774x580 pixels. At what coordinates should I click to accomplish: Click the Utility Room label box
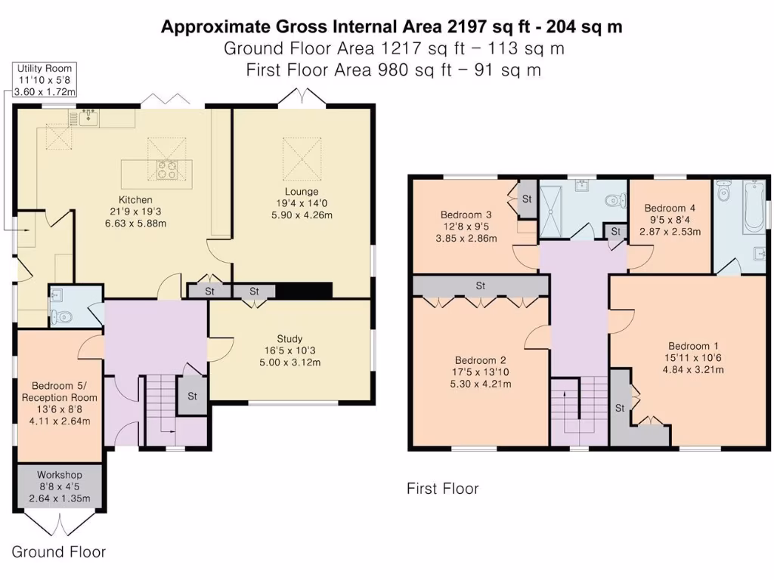tap(45, 79)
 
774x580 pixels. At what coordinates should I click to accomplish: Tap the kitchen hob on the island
tap(166, 169)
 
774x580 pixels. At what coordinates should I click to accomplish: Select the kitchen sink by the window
tap(88, 117)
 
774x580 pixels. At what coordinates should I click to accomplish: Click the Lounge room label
tap(302, 191)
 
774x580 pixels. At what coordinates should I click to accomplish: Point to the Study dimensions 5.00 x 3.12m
tap(289, 362)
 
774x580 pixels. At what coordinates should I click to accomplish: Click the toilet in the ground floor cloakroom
tap(61, 316)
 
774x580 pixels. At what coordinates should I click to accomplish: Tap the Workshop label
tap(60, 475)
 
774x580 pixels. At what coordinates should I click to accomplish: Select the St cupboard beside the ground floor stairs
tap(192, 396)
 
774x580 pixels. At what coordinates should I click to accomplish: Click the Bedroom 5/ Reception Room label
tap(60, 392)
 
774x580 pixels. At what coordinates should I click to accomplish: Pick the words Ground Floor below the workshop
tap(59, 552)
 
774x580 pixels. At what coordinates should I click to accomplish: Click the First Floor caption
tap(443, 489)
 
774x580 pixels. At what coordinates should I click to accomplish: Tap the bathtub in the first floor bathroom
tap(754, 207)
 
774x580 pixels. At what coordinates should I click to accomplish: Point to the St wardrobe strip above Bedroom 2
tap(481, 285)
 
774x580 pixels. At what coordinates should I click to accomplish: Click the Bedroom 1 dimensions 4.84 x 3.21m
tap(693, 369)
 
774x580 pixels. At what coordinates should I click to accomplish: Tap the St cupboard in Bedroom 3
tap(527, 199)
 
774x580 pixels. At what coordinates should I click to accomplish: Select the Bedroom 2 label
tap(480, 360)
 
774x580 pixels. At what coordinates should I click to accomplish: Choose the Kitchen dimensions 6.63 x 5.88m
tap(135, 224)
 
